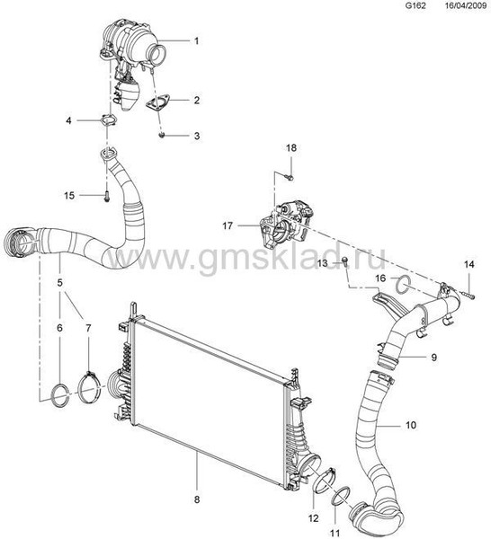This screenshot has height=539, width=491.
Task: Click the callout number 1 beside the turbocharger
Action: click(196, 41)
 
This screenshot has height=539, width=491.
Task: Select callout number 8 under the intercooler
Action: click(197, 499)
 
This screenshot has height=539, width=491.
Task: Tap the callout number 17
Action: click(228, 225)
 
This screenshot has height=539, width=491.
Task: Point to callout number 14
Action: click(469, 264)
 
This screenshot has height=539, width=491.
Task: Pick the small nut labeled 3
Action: click(162, 135)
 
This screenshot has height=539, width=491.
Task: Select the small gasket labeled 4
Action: click(108, 120)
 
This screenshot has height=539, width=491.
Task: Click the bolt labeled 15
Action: click(107, 197)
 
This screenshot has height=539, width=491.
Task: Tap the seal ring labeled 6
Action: click(60, 395)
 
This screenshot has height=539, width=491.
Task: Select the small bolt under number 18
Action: click(290, 177)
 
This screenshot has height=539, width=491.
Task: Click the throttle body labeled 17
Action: click(286, 225)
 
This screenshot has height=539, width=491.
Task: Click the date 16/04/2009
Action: click(465, 5)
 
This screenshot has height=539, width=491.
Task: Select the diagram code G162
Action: click(416, 5)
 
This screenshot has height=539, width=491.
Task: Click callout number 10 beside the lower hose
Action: click(410, 425)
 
